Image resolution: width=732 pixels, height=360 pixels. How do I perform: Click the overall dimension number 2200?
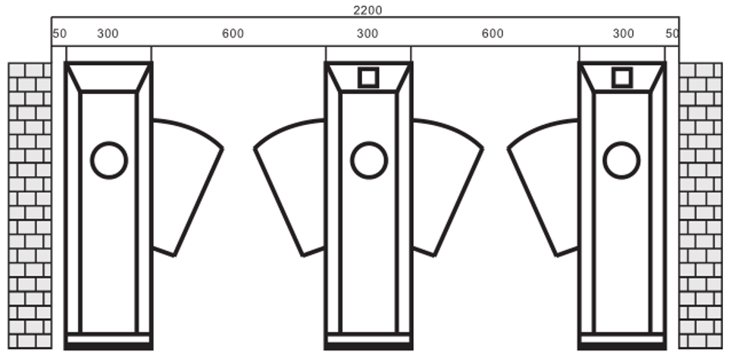[368, 11]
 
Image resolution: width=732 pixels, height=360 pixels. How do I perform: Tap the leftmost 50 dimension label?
[60, 34]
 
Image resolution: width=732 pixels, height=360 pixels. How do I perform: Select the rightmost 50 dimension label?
[672, 33]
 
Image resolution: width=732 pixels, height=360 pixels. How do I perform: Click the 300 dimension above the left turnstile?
[108, 34]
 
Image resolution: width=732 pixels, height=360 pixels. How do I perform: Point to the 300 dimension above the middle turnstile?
[368, 34]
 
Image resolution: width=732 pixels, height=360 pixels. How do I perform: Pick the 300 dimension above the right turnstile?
[623, 34]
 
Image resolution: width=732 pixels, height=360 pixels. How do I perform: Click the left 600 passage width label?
[233, 34]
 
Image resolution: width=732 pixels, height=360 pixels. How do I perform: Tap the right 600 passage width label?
[493, 34]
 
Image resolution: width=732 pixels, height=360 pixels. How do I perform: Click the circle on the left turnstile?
[109, 142]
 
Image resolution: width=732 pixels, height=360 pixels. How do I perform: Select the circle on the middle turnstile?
[369, 142]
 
